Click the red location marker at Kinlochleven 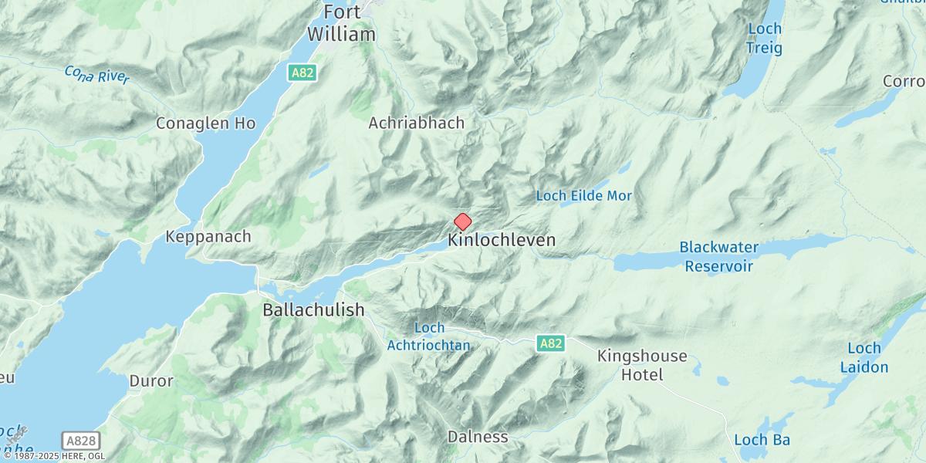click(x=462, y=222)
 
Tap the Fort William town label click(x=341, y=24)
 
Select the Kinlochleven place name click(x=502, y=241)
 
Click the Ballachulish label click(x=313, y=310)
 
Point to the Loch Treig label click(x=764, y=39)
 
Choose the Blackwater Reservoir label click(x=718, y=257)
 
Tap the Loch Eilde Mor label click(x=584, y=196)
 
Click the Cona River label click(x=97, y=74)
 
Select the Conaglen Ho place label click(x=205, y=123)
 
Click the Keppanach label click(x=208, y=237)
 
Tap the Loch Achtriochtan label click(x=429, y=336)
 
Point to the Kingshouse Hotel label click(x=642, y=366)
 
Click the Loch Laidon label click(x=868, y=358)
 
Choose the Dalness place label click(x=478, y=437)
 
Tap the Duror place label click(x=151, y=381)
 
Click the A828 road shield click(x=81, y=441)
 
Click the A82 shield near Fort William click(x=301, y=73)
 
